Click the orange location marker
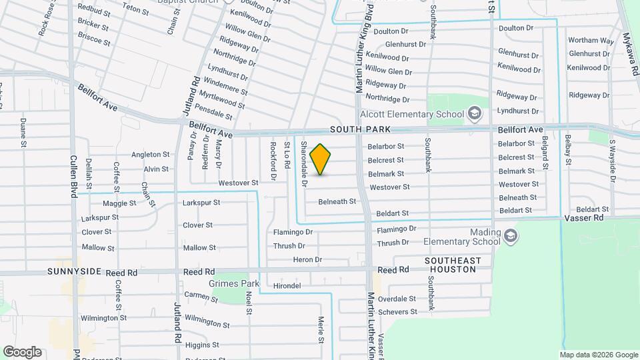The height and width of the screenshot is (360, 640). [x=321, y=159]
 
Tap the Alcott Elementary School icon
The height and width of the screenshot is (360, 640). [x=474, y=113]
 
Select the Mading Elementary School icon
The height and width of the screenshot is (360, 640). [x=510, y=235]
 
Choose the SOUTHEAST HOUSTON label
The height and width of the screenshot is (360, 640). [x=450, y=265]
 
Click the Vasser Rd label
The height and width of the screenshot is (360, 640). [x=583, y=218]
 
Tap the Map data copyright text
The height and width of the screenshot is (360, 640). [x=599, y=355]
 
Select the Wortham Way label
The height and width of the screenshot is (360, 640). [x=591, y=41]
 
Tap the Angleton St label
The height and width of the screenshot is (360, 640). [x=151, y=155]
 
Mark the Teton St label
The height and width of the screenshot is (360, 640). [x=135, y=9]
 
